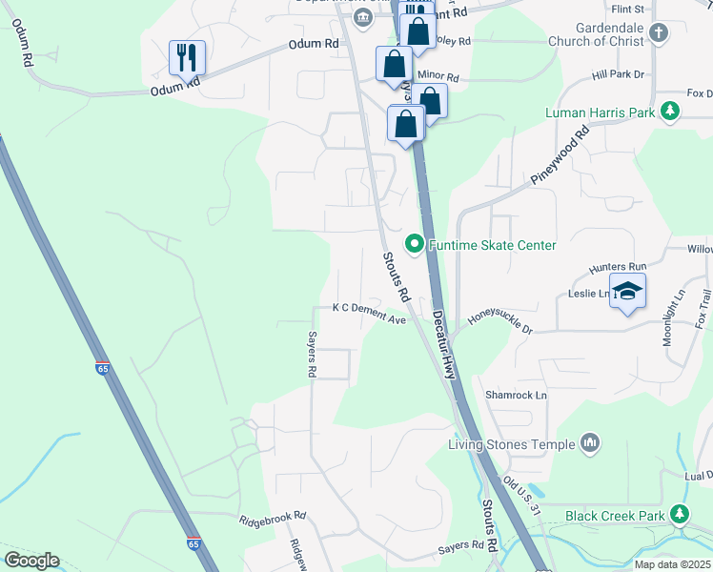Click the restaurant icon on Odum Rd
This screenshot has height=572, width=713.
pos(187,57)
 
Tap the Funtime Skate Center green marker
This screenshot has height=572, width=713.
pos(415,245)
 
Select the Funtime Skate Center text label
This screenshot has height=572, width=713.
pos(492,245)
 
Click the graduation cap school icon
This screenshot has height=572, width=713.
pos(627,290)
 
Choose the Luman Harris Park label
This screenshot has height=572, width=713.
pos(600,112)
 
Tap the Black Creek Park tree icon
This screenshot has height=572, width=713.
pos(680,515)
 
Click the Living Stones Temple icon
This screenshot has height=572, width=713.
pos(590,443)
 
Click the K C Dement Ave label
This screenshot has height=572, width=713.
pos(369,314)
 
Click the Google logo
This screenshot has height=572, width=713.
pos(31,561)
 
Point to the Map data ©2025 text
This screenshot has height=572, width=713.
pos(672,564)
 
